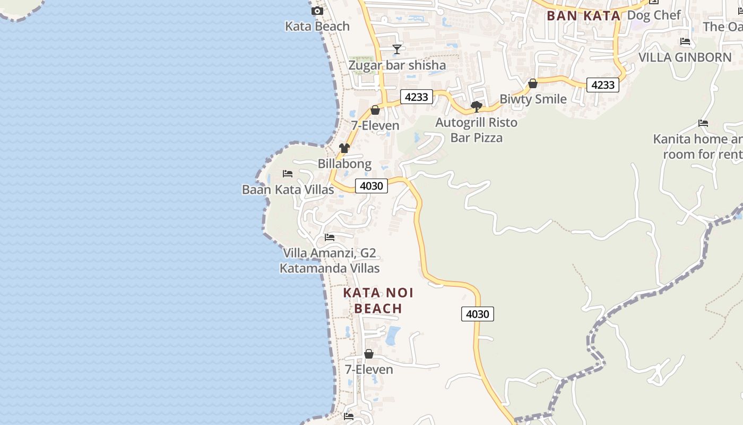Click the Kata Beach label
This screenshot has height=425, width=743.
317,26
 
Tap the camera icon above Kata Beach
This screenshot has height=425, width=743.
317,11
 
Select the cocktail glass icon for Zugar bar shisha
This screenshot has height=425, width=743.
396,49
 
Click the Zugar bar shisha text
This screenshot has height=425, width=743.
396,65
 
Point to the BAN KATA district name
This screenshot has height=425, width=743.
583,16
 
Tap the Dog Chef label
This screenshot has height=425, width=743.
653,15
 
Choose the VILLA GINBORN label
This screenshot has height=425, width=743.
685,57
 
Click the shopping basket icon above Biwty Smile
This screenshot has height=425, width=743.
533,83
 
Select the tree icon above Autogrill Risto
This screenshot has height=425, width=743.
476,107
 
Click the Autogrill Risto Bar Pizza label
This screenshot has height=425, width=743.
476,130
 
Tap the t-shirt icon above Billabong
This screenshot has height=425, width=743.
344,148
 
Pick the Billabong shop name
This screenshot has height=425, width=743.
344,164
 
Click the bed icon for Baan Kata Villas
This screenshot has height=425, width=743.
288,174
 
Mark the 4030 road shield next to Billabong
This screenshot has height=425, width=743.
371,186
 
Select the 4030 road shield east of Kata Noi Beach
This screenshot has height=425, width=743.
477,314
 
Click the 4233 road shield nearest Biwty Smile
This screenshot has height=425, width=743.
602,85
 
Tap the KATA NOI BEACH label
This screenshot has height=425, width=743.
378,301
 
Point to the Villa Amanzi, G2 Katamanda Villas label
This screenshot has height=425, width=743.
330,261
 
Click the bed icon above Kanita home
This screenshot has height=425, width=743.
703,123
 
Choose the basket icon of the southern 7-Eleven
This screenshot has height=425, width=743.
369,354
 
